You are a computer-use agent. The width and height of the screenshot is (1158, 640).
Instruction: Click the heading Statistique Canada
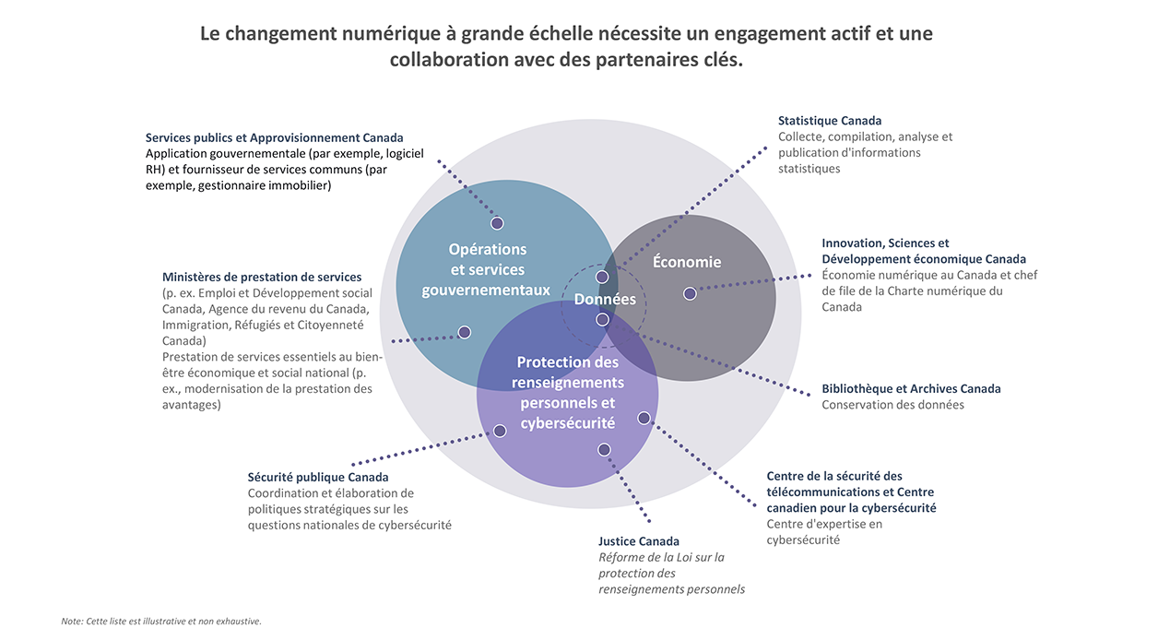(830, 121)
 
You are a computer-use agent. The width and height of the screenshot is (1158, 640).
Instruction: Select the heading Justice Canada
(639, 541)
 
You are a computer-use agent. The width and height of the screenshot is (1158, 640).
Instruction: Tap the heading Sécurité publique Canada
(318, 478)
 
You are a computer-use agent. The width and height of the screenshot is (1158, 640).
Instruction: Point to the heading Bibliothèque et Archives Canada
(911, 389)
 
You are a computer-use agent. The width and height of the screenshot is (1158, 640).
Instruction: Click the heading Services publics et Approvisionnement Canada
(275, 138)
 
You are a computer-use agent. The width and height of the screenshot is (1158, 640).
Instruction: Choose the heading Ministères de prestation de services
(262, 277)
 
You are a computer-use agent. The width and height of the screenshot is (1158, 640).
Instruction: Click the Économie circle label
(687, 262)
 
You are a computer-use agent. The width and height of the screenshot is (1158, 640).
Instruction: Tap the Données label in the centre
(605, 300)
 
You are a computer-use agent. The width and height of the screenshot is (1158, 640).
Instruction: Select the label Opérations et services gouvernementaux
(487, 269)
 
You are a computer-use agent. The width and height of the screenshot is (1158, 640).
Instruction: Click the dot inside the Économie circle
(690, 293)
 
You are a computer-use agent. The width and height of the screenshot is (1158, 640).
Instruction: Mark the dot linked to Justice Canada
(604, 450)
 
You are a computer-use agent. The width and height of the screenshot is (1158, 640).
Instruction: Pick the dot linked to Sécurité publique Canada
(500, 431)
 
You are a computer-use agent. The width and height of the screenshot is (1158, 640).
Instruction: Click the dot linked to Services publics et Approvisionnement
(497, 223)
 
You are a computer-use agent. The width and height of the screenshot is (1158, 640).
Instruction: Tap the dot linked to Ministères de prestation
(465, 332)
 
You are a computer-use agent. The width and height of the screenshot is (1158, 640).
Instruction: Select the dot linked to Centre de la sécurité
(644, 418)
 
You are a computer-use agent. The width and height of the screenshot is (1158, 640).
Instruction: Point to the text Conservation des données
(892, 405)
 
